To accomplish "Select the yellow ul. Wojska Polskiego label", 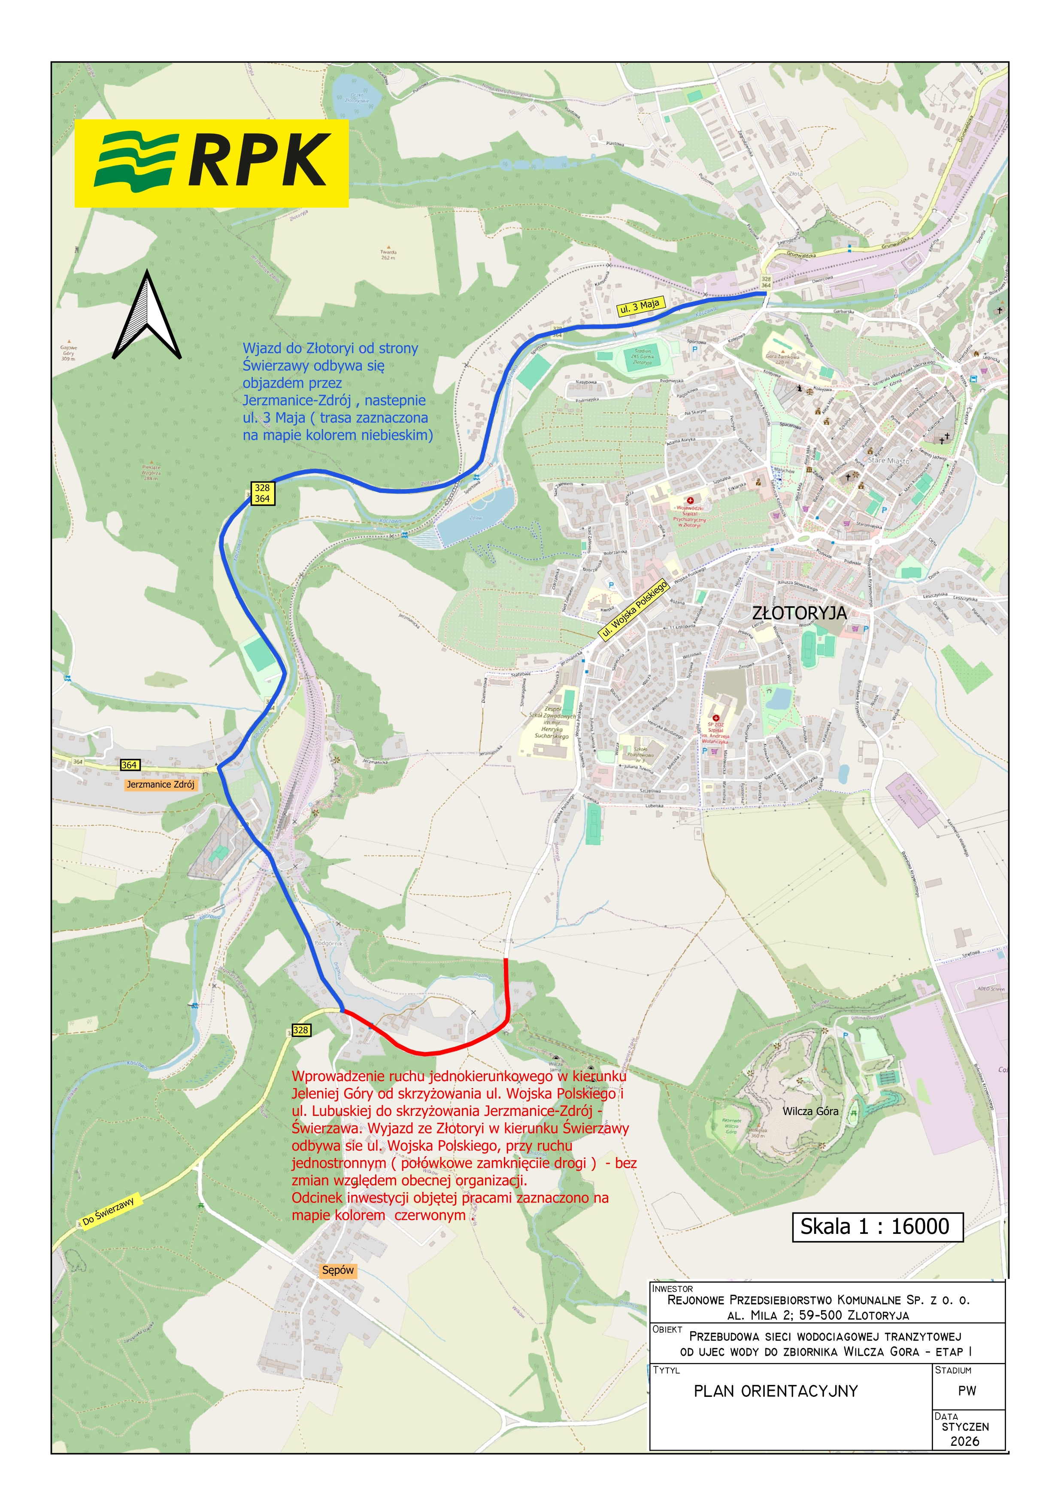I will pos(634,610).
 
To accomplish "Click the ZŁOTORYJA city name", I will pos(799,613).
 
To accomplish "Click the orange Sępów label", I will pos(338,1269).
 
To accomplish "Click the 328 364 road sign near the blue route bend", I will pos(262,493).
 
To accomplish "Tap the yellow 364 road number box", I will pos(129,765).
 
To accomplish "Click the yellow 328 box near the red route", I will pos(300,1030).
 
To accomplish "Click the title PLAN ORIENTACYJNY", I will pos(776,1391).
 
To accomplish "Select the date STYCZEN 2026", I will pos(965,1433).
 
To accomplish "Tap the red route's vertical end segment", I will pos(507,986).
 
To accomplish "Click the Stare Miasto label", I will pos(888,461).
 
